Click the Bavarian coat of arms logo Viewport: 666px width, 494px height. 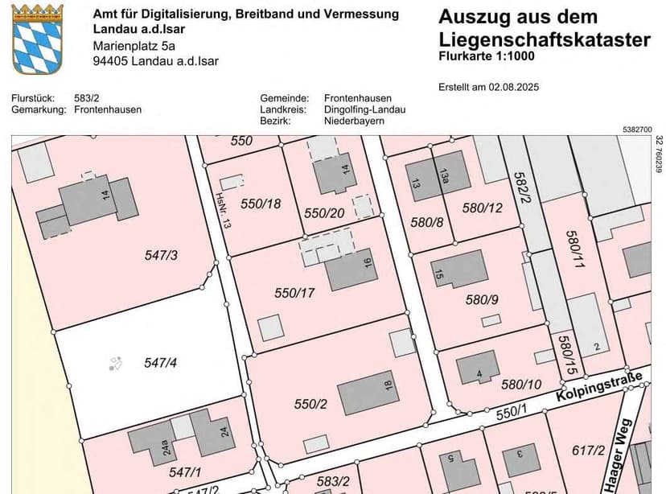click(38, 38)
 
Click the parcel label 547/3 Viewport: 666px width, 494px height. click(161, 256)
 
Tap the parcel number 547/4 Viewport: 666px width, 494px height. click(160, 363)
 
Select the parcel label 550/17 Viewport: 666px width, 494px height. click(294, 294)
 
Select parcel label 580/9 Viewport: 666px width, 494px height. click(483, 300)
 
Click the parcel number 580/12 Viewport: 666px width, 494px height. click(483, 208)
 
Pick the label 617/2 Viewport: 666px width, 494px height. click(588, 451)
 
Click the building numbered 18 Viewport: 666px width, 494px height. click(367, 397)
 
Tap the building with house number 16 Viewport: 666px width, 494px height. click(351, 270)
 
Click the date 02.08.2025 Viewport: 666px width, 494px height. click(516, 87)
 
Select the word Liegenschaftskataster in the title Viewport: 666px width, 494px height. click(545, 39)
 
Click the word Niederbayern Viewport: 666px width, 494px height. click(354, 121)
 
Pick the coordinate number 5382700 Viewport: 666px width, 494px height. click(636, 129)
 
